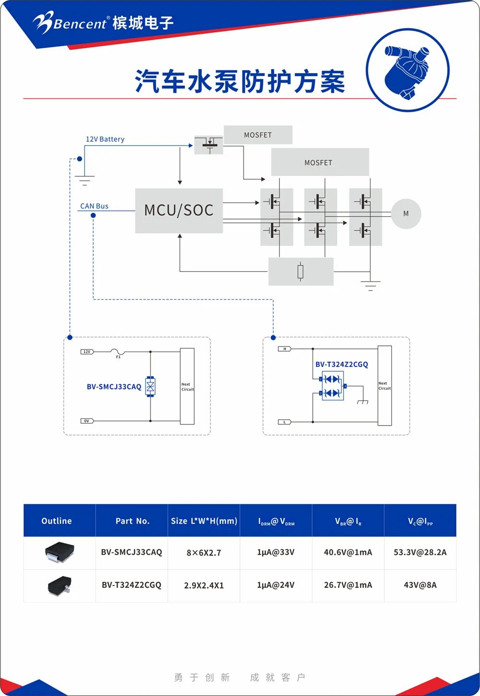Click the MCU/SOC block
click(179, 210)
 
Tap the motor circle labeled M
click(406, 214)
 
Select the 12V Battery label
click(105, 139)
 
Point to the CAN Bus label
click(94, 206)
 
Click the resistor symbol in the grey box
click(300, 272)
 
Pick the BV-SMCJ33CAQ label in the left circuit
click(114, 387)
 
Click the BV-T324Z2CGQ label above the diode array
click(342, 365)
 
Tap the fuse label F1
click(118, 357)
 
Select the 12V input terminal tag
click(87, 352)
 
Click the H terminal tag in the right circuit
click(285, 349)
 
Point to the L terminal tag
click(285, 422)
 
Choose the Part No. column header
click(132, 521)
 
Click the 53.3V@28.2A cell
click(420, 552)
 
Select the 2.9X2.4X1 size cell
click(204, 586)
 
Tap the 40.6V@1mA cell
click(348, 552)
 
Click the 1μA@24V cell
click(276, 585)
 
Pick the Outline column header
click(57, 521)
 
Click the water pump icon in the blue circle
click(408, 71)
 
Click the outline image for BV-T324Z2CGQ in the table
click(59, 586)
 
